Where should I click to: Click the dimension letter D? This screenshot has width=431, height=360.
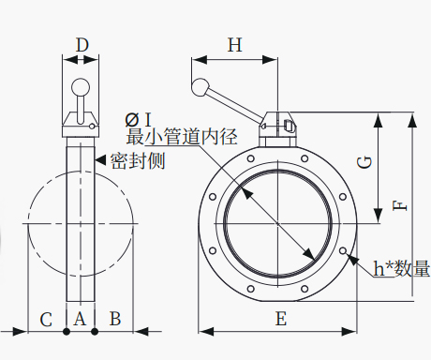point(82,45)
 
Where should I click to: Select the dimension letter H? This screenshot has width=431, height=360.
point(234,45)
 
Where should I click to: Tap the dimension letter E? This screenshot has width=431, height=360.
point(281,319)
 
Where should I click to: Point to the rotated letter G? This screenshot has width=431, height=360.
point(364,162)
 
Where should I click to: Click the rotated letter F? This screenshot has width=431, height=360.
point(400,206)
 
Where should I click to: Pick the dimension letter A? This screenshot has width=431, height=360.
point(80,319)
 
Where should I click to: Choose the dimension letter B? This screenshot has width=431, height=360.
point(115,319)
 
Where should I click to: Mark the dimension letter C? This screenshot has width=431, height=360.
point(46,320)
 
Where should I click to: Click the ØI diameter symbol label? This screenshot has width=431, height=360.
point(138,120)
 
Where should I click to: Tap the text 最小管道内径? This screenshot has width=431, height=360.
point(182,136)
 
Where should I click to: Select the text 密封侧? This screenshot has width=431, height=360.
point(138,160)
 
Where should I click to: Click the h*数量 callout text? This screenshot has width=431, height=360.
point(402,268)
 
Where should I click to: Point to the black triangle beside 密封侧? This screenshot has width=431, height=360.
point(100,159)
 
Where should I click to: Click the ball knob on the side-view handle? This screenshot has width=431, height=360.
point(81,87)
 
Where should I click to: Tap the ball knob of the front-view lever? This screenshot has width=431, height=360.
point(201,87)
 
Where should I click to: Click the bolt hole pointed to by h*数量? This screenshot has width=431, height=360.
point(343,250)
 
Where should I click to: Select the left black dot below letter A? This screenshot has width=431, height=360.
point(67,332)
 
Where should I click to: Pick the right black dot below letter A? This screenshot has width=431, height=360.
point(95,332)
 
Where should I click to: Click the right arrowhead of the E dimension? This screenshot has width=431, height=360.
point(349,331)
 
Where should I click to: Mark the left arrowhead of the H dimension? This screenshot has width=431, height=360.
point(200,60)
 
